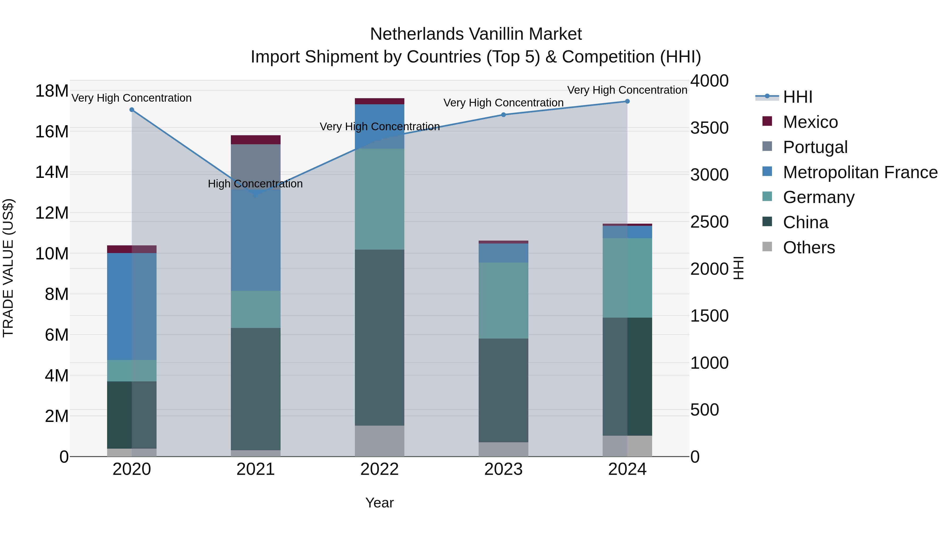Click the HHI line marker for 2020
[132, 110]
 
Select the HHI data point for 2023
[503, 115]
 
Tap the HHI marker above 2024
[627, 101]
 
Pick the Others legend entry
[809, 247]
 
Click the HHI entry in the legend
[798, 97]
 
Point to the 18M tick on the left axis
[52, 91]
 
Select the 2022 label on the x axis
[379, 469]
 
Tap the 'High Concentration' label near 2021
[255, 184]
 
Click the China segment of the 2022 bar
[379, 337]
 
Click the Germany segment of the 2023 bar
[503, 300]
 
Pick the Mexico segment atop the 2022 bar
[379, 101]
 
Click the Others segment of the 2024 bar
[627, 446]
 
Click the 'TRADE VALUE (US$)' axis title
[8, 268]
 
